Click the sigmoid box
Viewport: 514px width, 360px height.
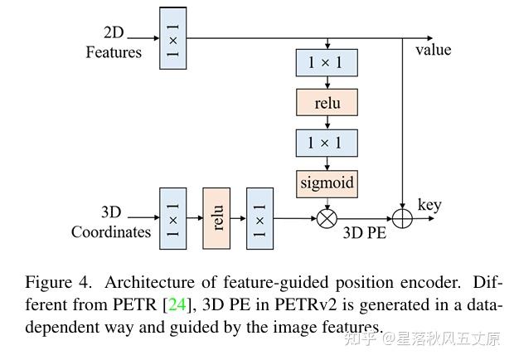[x=327, y=184]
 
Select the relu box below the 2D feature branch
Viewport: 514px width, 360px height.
[x=327, y=102]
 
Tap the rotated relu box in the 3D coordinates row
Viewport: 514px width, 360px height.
[x=216, y=218]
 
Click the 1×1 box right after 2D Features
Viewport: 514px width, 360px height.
[x=173, y=38]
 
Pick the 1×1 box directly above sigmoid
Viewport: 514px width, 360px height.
[x=327, y=143]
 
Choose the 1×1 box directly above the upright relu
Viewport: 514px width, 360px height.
[x=327, y=62]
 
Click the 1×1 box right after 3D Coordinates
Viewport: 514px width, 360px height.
[x=173, y=218]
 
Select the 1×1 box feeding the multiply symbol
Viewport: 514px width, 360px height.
[x=260, y=218]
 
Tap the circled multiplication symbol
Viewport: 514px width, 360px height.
[x=327, y=218]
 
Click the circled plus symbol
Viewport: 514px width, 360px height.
[x=402, y=218]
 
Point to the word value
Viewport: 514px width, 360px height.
[x=434, y=50]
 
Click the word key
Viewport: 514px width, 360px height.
[x=429, y=206]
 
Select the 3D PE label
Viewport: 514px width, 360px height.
[x=365, y=233]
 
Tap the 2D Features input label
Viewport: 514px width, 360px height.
[x=114, y=42]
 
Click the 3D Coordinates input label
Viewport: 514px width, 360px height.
[x=111, y=222]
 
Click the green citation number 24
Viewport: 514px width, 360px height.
[x=177, y=304]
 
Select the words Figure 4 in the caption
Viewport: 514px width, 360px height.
[x=58, y=282]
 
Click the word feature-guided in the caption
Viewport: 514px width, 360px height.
[x=276, y=283]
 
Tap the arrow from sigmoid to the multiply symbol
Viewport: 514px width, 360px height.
[x=327, y=203]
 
